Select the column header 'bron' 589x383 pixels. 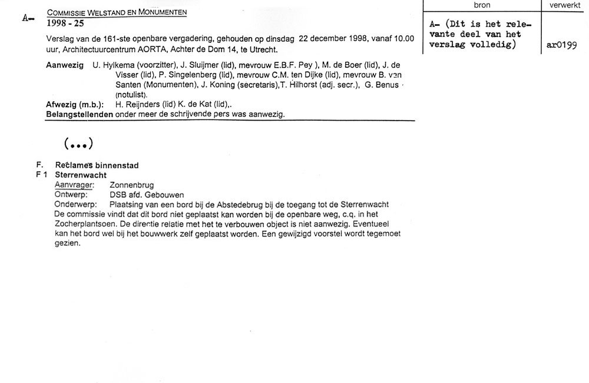click(x=482, y=5)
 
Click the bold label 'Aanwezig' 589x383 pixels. click(x=65, y=65)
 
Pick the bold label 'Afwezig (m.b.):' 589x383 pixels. click(x=75, y=105)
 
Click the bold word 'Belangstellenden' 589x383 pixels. click(x=80, y=114)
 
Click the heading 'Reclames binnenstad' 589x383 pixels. click(x=97, y=165)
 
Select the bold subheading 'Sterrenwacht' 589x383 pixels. click(x=81, y=175)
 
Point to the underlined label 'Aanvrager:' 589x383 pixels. click(x=74, y=185)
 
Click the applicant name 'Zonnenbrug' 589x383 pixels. click(x=132, y=185)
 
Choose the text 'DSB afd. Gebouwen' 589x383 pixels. click(x=147, y=194)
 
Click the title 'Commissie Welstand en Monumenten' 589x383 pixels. click(x=117, y=12)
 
